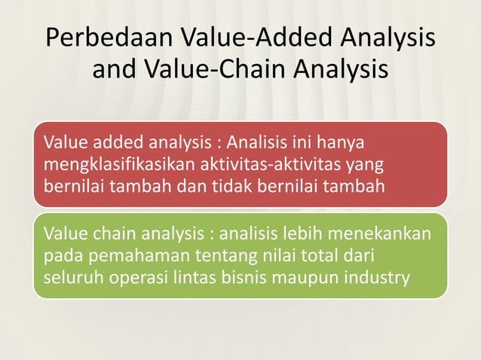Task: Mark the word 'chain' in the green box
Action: [x=106, y=233]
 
